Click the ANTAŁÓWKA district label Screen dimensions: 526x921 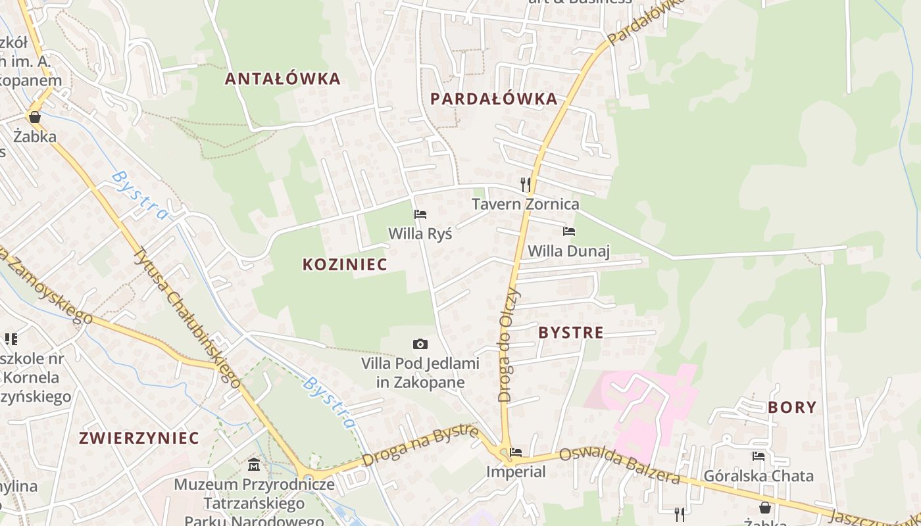pyautogui.click(x=282, y=79)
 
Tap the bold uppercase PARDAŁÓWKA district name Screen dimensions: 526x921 pyautogui.click(x=493, y=99)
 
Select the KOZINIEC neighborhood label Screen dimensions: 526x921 pyautogui.click(x=345, y=264)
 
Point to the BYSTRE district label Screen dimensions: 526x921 pyautogui.click(x=570, y=333)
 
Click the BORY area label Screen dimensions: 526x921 pyautogui.click(x=792, y=407)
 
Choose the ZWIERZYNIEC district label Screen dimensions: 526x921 pyautogui.click(x=139, y=438)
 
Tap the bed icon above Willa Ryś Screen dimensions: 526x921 pyautogui.click(x=420, y=214)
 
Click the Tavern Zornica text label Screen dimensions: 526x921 pyautogui.click(x=526, y=204)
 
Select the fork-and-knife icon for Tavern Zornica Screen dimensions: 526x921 pyautogui.click(x=525, y=184)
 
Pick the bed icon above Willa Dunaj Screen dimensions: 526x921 pyautogui.click(x=569, y=231)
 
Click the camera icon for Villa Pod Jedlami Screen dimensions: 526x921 pyautogui.click(x=420, y=344)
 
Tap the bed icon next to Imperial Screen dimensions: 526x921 pyautogui.click(x=516, y=452)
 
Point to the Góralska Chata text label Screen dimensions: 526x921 pyautogui.click(x=759, y=475)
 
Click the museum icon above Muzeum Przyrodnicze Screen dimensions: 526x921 pyautogui.click(x=254, y=466)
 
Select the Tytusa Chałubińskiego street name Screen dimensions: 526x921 pyautogui.click(x=187, y=316)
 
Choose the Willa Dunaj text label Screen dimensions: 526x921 pyautogui.click(x=569, y=251)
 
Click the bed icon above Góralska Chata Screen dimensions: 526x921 pyautogui.click(x=759, y=456)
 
